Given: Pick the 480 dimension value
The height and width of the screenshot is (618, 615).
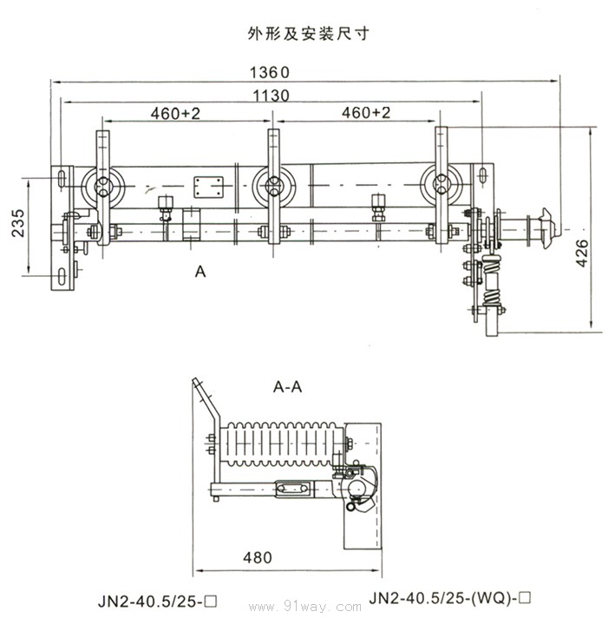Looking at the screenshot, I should [x=258, y=556].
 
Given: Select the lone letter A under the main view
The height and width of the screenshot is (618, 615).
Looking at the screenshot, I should [x=200, y=273].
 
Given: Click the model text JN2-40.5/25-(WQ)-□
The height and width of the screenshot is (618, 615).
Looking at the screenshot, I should [x=448, y=597].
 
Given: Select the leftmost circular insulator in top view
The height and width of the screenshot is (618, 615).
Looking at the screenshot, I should [x=107, y=184].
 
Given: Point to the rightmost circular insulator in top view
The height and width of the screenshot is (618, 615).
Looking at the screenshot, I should [x=442, y=184].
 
